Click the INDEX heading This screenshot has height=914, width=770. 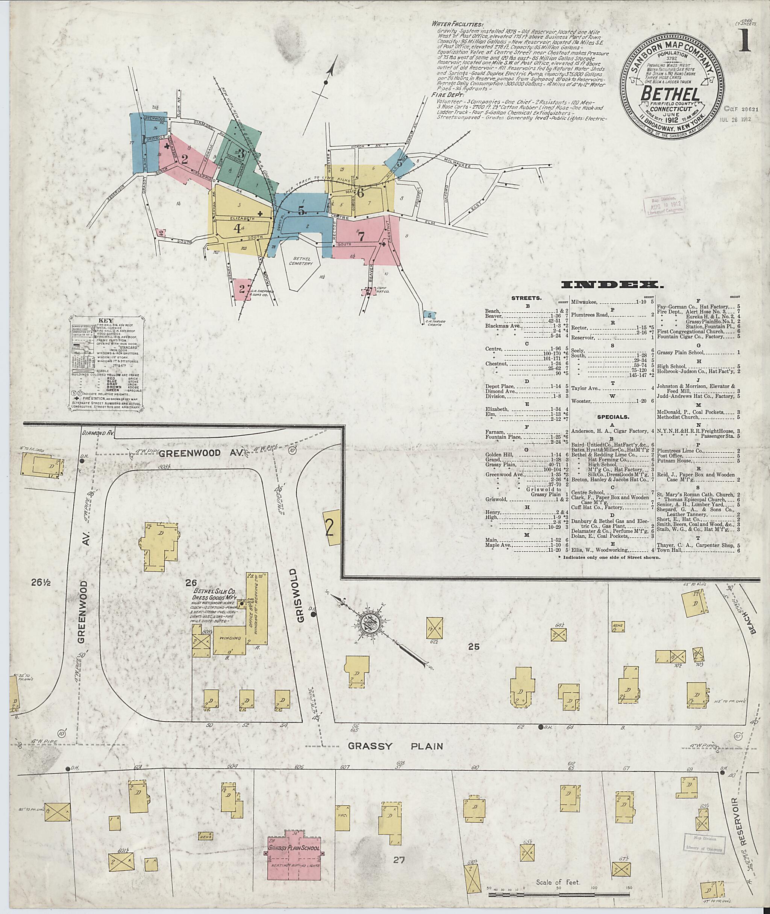[x=612, y=285]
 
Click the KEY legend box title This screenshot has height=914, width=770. [x=106, y=320]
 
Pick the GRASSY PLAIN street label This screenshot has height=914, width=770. [x=395, y=746]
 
